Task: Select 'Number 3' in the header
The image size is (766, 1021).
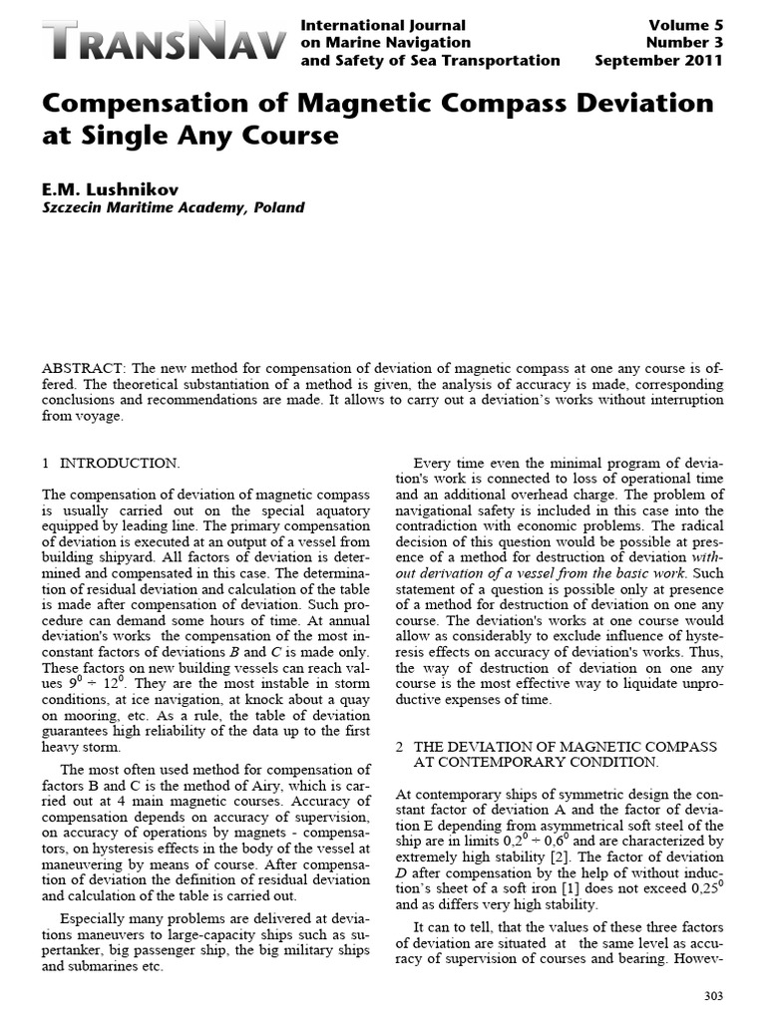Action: pyautogui.click(x=684, y=43)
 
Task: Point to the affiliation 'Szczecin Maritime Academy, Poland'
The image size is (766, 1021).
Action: pyautogui.click(x=173, y=208)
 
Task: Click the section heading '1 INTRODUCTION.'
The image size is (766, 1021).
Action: pyautogui.click(x=111, y=464)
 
